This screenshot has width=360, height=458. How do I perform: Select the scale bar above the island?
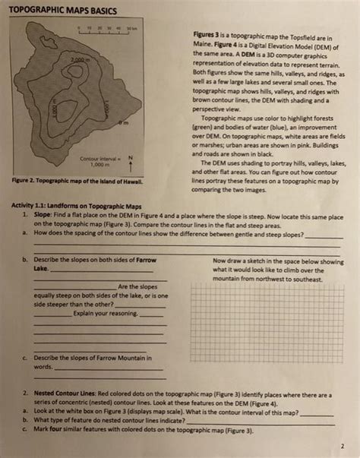(x=106, y=30)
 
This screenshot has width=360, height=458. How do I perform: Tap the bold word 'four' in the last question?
(x=57, y=430)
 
